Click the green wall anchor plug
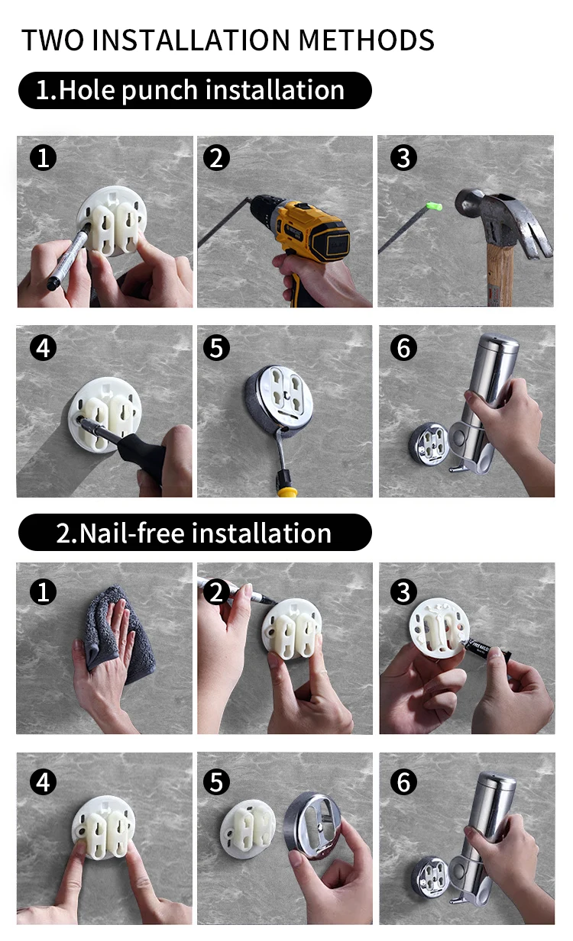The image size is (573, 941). [x=433, y=206]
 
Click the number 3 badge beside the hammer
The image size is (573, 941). [x=403, y=159]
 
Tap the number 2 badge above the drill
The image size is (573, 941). [x=216, y=159]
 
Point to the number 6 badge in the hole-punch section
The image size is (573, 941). [x=403, y=348]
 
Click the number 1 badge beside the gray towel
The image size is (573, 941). [x=44, y=592]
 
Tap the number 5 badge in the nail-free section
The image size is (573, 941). [x=216, y=782]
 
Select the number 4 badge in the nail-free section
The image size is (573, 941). [x=44, y=782]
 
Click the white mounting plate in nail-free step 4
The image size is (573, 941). [x=104, y=826]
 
